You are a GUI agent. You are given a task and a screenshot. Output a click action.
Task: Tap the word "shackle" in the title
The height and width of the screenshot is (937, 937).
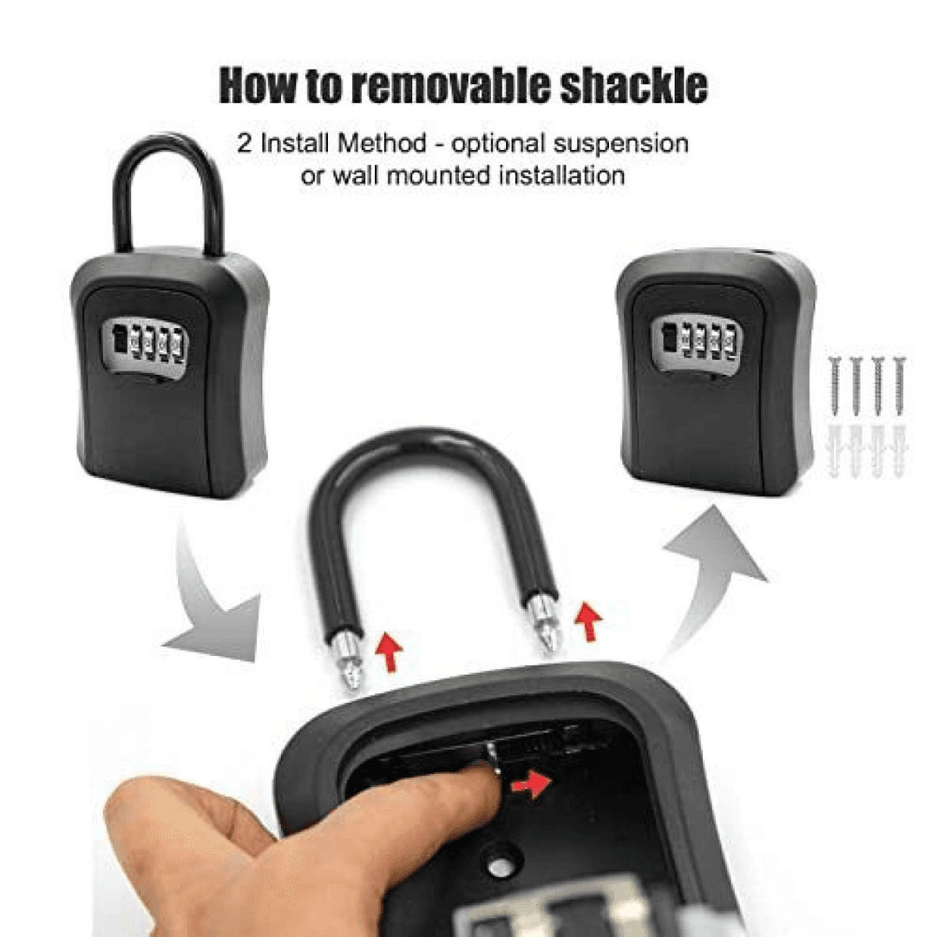pos(632,86)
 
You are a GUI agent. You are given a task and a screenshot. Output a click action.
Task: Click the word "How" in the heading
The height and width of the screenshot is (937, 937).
pos(258,86)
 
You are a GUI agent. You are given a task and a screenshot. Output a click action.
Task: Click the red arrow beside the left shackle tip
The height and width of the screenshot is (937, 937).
pos(390,652)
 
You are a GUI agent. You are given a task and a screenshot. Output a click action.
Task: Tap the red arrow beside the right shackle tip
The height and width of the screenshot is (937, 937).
pos(588,621)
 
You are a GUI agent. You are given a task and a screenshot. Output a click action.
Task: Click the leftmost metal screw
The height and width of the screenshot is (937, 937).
pos(835,385)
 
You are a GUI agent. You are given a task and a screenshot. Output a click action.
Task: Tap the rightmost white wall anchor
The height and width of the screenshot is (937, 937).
pos(899,451)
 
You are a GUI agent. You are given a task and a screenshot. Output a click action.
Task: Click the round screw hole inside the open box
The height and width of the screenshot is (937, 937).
pos(497,866)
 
